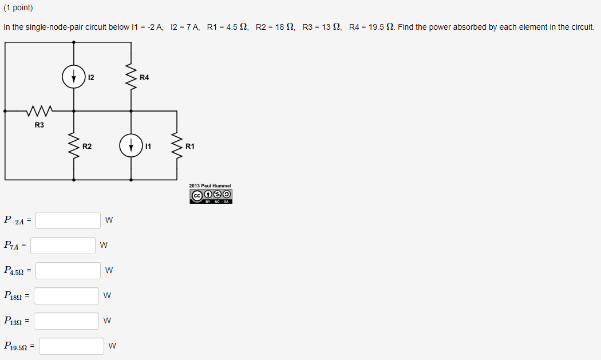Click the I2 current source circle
pyautogui.click(x=74, y=77)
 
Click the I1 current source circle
pyautogui.click(x=131, y=145)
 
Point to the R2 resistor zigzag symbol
pyautogui.click(x=74, y=146)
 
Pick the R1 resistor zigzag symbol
pyautogui.click(x=176, y=146)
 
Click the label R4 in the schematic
pyautogui.click(x=144, y=77)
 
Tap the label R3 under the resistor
pyautogui.click(x=39, y=125)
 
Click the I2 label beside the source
pyautogui.click(x=92, y=77)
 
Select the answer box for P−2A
pyautogui.click(x=68, y=220)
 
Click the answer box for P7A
pyautogui.click(x=63, y=246)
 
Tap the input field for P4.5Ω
pyautogui.click(x=68, y=270)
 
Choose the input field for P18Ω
pyautogui.click(x=66, y=295)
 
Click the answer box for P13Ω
pyautogui.click(x=66, y=321)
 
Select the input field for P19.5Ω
pyautogui.click(x=71, y=346)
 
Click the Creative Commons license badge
pyautogui.click(x=211, y=196)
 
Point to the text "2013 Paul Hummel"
pyautogui.click(x=210, y=186)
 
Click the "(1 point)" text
pyautogui.click(x=18, y=8)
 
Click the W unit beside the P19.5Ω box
pyautogui.click(x=113, y=346)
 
